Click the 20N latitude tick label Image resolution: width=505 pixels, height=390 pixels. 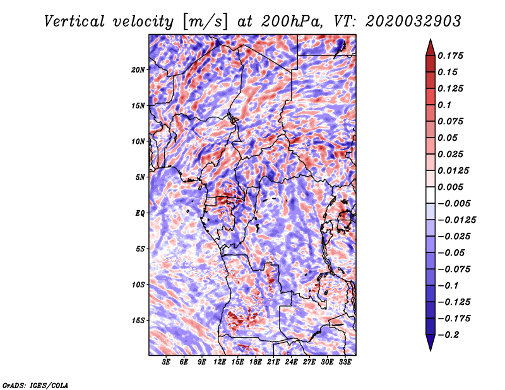click(x=138, y=69)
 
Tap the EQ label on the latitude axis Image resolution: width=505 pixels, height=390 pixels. click(x=140, y=213)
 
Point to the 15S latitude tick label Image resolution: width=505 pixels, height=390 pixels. click(x=138, y=321)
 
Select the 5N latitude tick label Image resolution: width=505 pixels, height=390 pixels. click(x=140, y=177)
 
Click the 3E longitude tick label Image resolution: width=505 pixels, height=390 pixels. click(x=166, y=362)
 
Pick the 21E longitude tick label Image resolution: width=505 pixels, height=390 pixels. click(x=273, y=362)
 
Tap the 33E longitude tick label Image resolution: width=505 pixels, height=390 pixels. click(x=345, y=362)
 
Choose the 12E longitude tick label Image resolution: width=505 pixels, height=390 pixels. click(x=220, y=362)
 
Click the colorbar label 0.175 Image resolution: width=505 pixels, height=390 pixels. click(x=450, y=56)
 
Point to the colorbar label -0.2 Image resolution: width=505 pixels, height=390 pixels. click(x=449, y=335)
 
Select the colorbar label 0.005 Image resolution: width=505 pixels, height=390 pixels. click(x=450, y=187)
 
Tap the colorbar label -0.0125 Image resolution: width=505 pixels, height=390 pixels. click(x=456, y=220)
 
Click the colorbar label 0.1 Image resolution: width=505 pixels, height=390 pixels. click(x=444, y=105)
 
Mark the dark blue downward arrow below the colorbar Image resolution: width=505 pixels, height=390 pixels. click(x=431, y=343)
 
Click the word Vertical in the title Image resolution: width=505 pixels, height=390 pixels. click(x=74, y=21)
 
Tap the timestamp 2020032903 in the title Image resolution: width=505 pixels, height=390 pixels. click(x=413, y=21)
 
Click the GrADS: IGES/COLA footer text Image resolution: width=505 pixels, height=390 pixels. click(x=35, y=385)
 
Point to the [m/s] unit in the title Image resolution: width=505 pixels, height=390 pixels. click(x=205, y=22)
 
